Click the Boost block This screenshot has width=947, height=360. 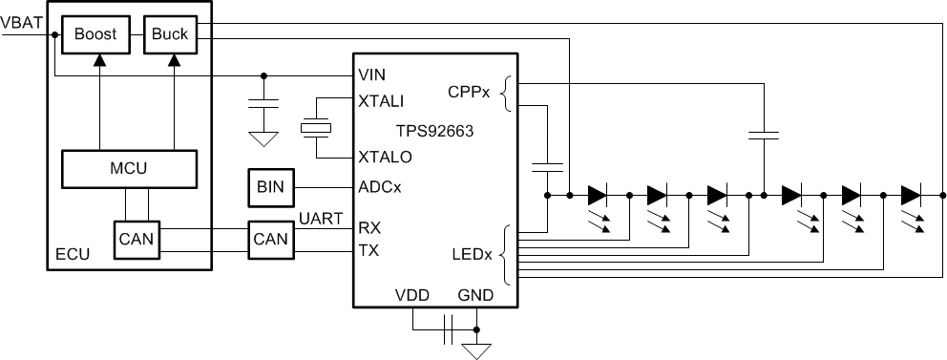click(x=95, y=34)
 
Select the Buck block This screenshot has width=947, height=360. click(x=169, y=34)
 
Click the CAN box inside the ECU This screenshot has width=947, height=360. click(x=137, y=240)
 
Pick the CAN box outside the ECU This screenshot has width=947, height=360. click(x=271, y=240)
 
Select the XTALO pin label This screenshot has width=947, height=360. click(x=384, y=157)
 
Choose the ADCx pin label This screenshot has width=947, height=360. click(x=379, y=187)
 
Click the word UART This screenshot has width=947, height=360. click(x=322, y=220)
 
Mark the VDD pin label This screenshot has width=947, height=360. click(x=412, y=295)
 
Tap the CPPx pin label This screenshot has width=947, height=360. click(x=468, y=93)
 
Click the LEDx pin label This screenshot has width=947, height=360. click(x=471, y=255)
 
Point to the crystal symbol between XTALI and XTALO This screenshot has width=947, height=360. click(x=315, y=128)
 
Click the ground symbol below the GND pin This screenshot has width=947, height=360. click(x=474, y=349)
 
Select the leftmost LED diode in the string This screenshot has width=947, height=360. click(x=598, y=196)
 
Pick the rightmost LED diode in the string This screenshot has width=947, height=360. click(x=911, y=196)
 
